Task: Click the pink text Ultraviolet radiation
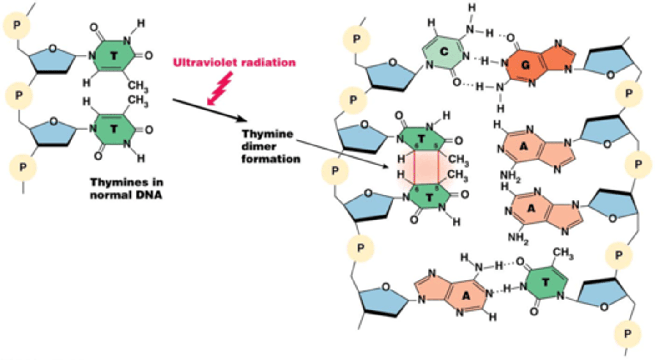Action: pos(234,63)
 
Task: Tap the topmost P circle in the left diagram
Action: pos(17,24)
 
